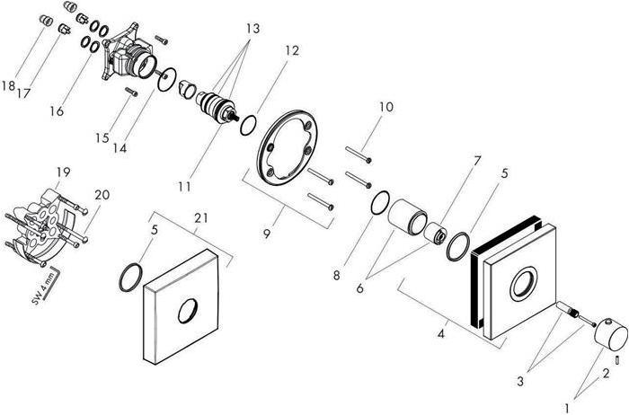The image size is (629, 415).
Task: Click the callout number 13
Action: click(253, 29)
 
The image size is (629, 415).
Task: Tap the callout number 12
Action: click(292, 50)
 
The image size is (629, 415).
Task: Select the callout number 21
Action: click(201, 217)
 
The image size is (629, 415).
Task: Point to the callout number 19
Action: click(64, 172)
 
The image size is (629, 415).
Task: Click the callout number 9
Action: click(267, 234)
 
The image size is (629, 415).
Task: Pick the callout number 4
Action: click(441, 333)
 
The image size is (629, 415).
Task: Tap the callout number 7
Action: click(477, 161)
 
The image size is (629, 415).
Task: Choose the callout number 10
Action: click(386, 107)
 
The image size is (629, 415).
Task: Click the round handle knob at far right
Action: click(611, 333)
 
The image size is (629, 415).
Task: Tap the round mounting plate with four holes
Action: click(288, 148)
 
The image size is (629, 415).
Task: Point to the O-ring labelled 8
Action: click(380, 203)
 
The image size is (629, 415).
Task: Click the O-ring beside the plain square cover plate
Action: click(131, 278)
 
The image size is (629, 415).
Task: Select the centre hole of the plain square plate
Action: click(187, 310)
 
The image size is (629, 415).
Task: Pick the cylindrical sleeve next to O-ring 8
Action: click(407, 216)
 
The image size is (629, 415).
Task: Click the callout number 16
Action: click(57, 111)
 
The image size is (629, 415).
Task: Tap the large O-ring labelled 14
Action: click(167, 79)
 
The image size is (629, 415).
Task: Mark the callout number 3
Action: click(520, 381)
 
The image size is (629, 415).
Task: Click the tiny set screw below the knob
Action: click(617, 361)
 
